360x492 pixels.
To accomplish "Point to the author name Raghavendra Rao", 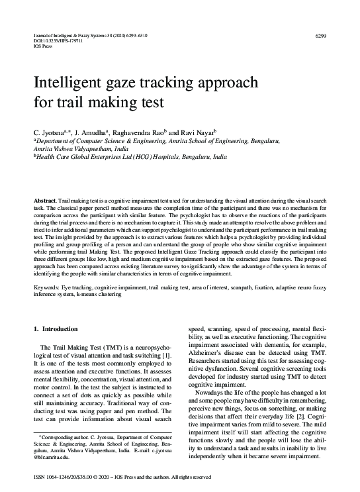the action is (x=138, y=132).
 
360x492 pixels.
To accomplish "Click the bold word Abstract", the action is (x=45, y=200).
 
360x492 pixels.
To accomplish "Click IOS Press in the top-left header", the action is (x=42, y=47).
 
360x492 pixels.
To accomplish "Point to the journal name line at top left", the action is (x=86, y=34).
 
